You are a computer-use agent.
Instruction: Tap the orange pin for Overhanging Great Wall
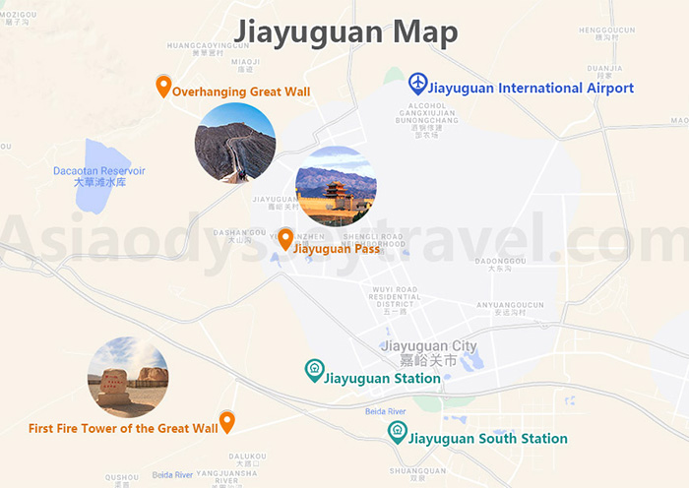pyautogui.click(x=163, y=87)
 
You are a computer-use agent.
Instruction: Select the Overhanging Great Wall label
pyautogui.click(x=241, y=91)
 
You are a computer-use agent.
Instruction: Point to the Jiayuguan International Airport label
pyautogui.click(x=532, y=89)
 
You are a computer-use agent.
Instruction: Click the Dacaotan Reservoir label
pyautogui.click(x=99, y=176)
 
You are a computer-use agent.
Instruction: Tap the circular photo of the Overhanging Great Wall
pyautogui.click(x=235, y=143)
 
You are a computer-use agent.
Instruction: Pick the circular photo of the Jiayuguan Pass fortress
pyautogui.click(x=336, y=186)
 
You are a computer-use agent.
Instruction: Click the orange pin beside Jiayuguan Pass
pyautogui.click(x=284, y=238)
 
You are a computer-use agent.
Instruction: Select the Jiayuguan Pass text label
pyautogui.click(x=337, y=249)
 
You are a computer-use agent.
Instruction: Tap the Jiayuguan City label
pyautogui.click(x=429, y=352)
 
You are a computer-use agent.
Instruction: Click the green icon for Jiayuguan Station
pyautogui.click(x=314, y=370)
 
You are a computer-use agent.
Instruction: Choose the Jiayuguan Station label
pyautogui.click(x=383, y=379)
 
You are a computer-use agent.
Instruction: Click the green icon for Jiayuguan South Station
pyautogui.click(x=397, y=431)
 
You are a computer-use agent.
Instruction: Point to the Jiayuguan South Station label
pyautogui.click(x=488, y=439)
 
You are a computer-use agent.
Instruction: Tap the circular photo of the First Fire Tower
pyautogui.click(x=128, y=377)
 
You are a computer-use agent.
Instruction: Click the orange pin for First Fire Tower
pyautogui.click(x=227, y=422)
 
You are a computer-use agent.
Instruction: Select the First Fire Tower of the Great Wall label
pyautogui.click(x=123, y=429)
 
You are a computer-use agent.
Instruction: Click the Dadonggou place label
pyautogui.click(x=500, y=263)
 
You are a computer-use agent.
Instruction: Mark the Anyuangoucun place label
pyautogui.click(x=510, y=307)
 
